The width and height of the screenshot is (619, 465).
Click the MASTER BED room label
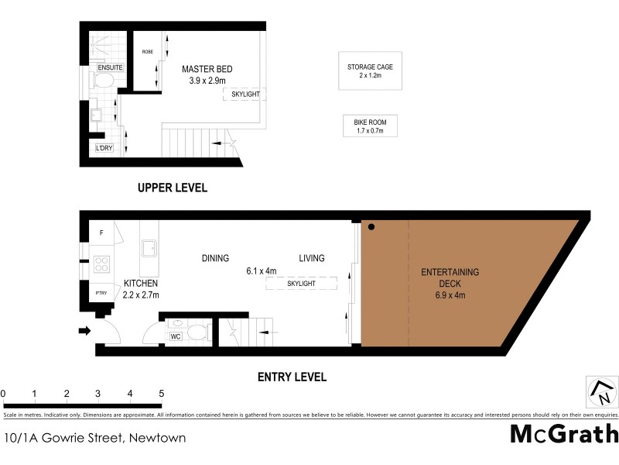(x=207, y=69)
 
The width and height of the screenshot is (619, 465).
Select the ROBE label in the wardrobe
(x=147, y=52)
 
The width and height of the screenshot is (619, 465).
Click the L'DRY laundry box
(x=104, y=148)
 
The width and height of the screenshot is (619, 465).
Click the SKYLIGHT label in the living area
(x=301, y=284)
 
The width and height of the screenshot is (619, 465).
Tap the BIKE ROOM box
(x=370, y=126)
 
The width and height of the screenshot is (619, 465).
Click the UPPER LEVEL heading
(x=172, y=188)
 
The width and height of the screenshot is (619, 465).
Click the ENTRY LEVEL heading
(x=291, y=377)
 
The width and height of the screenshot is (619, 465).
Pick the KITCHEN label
(x=140, y=284)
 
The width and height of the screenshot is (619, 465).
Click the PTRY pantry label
(x=101, y=293)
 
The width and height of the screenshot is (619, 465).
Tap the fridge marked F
(x=101, y=232)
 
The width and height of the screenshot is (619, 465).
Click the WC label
(x=176, y=336)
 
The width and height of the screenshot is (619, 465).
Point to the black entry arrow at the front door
(x=84, y=332)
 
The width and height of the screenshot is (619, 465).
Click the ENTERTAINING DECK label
(x=450, y=277)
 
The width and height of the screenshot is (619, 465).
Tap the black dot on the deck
(x=372, y=227)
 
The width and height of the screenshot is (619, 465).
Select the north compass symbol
(x=601, y=391)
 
